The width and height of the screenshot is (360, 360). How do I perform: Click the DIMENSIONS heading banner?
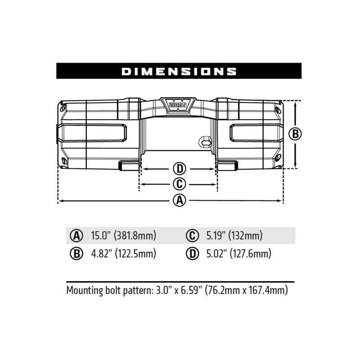pos(179,71)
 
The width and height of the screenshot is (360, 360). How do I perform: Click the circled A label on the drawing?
pos(180,201)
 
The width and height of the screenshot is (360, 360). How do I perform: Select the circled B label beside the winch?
pos(295,134)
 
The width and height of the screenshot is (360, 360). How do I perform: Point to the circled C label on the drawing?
pos(180,184)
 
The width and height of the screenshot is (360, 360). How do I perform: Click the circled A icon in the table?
pos(77,235)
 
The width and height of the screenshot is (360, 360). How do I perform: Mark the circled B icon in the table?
pos(77,254)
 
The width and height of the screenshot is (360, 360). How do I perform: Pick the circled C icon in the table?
pos(192,235)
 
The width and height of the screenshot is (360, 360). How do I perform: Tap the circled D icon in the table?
pos(192,254)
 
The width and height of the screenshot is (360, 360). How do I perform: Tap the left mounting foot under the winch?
pos(130,166)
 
